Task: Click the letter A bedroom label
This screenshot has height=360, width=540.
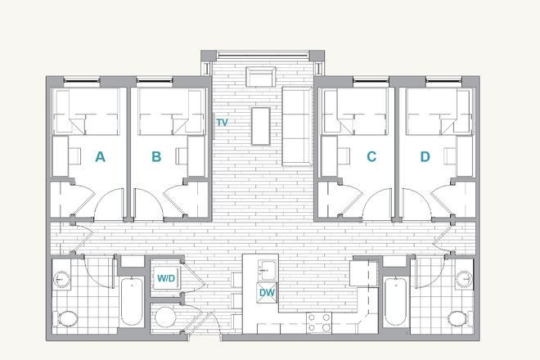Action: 100,157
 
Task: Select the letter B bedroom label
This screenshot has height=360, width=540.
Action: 156,157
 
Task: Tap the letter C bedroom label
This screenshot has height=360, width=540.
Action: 371,157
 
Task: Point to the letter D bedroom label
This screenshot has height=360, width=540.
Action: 425,157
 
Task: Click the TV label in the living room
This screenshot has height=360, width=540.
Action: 221,123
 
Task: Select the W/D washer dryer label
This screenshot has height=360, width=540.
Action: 166,278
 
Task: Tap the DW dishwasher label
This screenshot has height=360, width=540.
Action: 267,293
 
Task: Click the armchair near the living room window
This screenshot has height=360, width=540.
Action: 259,78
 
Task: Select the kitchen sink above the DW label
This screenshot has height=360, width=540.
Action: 267,268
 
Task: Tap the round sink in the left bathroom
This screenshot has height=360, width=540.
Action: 62,279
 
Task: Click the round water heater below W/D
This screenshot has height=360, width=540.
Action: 166,318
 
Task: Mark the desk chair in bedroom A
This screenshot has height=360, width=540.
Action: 74,155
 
